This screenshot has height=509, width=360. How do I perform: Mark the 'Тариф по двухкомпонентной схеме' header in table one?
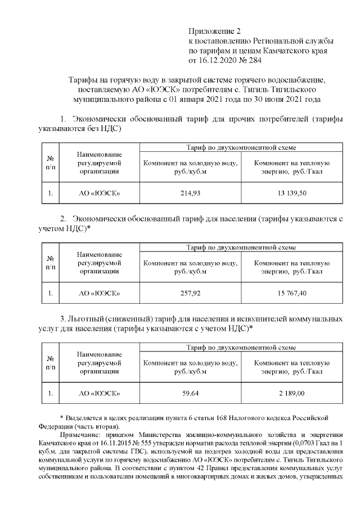(x=241, y=147)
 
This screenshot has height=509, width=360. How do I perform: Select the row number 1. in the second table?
(x=50, y=293)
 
